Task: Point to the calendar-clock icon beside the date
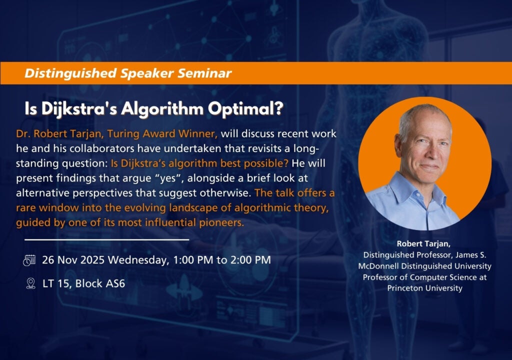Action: [29, 260]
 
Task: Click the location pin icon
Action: [29, 283]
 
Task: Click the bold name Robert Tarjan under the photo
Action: [424, 243]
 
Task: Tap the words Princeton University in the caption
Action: [424, 288]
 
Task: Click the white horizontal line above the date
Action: [106, 240]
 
